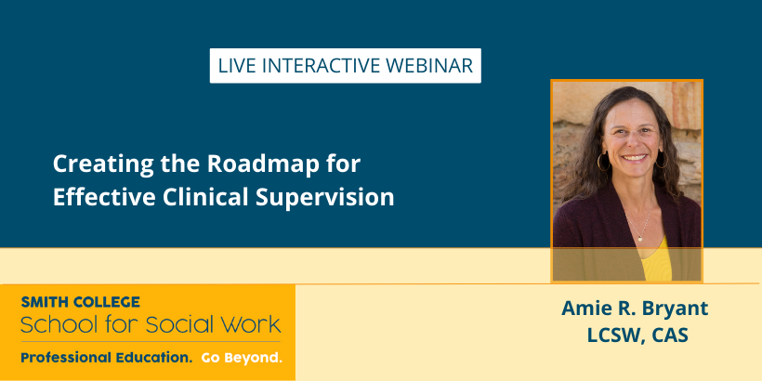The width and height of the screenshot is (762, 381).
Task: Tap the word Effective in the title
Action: coord(104,197)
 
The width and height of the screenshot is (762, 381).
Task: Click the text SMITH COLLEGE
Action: coord(80,302)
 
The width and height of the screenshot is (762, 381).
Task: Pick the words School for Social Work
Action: coord(151,324)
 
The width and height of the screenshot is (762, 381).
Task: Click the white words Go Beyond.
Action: coord(242,358)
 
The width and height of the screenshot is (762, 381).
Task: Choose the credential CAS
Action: coord(671,335)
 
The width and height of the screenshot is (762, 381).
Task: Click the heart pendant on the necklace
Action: coord(640,239)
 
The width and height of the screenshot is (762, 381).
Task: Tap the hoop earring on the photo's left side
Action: coord(603,162)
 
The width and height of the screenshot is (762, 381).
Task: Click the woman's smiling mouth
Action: coord(634,158)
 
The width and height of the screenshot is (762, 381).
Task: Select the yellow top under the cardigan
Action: coord(656,262)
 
